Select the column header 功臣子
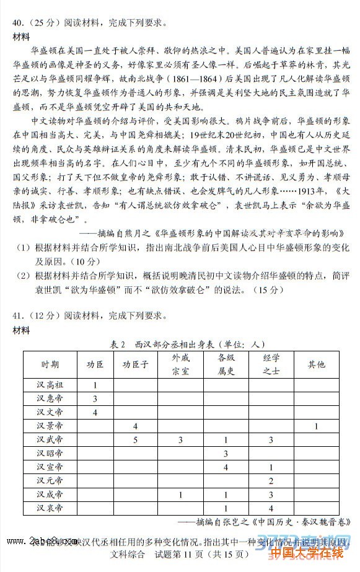coord(134,364)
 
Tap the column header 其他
coord(316,364)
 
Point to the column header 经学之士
coord(271,364)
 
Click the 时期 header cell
coord(50,364)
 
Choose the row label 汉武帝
coord(50,439)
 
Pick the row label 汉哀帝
coord(50,508)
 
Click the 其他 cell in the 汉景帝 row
coord(316,426)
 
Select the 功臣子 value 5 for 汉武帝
coord(134,439)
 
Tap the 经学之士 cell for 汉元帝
coord(271,481)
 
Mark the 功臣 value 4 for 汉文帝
coord(95,412)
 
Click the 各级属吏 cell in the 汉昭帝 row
coord(226,454)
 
